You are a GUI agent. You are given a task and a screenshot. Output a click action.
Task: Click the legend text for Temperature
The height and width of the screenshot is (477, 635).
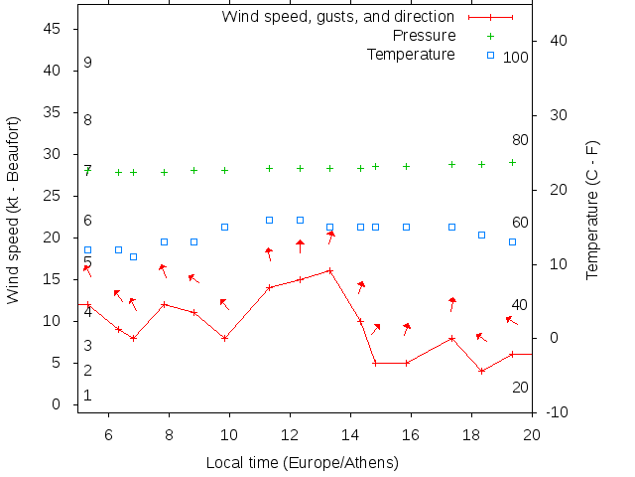click(x=411, y=54)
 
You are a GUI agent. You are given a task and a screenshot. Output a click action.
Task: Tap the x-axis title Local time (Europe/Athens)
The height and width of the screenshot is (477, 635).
click(x=302, y=463)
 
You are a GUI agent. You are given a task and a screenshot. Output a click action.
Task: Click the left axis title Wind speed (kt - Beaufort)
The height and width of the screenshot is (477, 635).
click(x=14, y=210)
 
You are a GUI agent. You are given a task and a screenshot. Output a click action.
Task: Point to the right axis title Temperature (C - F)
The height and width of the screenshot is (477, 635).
click(x=592, y=210)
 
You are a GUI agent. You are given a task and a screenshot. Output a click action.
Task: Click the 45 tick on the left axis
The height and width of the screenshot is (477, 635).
click(x=55, y=29)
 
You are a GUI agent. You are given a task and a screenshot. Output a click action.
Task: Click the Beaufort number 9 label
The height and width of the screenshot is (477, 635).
click(x=87, y=63)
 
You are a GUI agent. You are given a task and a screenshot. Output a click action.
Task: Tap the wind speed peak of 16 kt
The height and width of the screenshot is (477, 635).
click(x=329, y=270)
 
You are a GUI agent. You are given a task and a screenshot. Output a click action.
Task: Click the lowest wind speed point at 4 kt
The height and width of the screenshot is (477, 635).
click(x=481, y=371)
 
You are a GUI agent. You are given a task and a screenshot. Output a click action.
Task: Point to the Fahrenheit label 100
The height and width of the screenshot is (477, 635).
click(x=516, y=58)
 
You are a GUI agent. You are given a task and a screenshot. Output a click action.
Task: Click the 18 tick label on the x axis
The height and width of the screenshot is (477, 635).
click(x=471, y=434)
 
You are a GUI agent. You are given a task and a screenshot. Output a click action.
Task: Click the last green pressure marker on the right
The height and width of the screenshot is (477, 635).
click(x=512, y=162)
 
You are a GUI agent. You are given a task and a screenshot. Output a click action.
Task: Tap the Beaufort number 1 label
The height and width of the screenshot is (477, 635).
click(x=87, y=396)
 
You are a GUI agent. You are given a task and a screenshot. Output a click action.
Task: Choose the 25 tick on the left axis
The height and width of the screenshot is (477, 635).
click(x=55, y=196)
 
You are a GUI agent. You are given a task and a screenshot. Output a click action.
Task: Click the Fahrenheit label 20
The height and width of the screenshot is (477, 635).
click(x=520, y=387)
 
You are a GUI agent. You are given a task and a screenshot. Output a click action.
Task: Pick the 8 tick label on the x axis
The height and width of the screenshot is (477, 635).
click(x=169, y=434)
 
